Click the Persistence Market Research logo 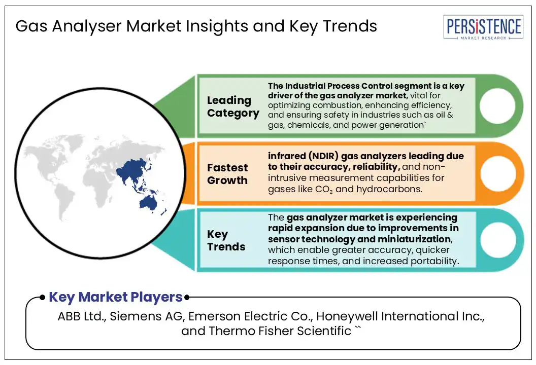click(x=483, y=27)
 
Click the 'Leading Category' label click(x=233, y=106)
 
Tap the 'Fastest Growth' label click(x=227, y=174)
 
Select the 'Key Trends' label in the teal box click(x=226, y=240)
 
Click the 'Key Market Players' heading click(x=116, y=297)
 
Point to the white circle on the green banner click(x=497, y=105)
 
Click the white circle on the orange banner click(x=498, y=173)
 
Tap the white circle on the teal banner click(x=498, y=240)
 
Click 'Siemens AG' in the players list click(x=147, y=316)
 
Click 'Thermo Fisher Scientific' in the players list click(x=280, y=331)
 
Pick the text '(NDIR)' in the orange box click(x=323, y=156)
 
